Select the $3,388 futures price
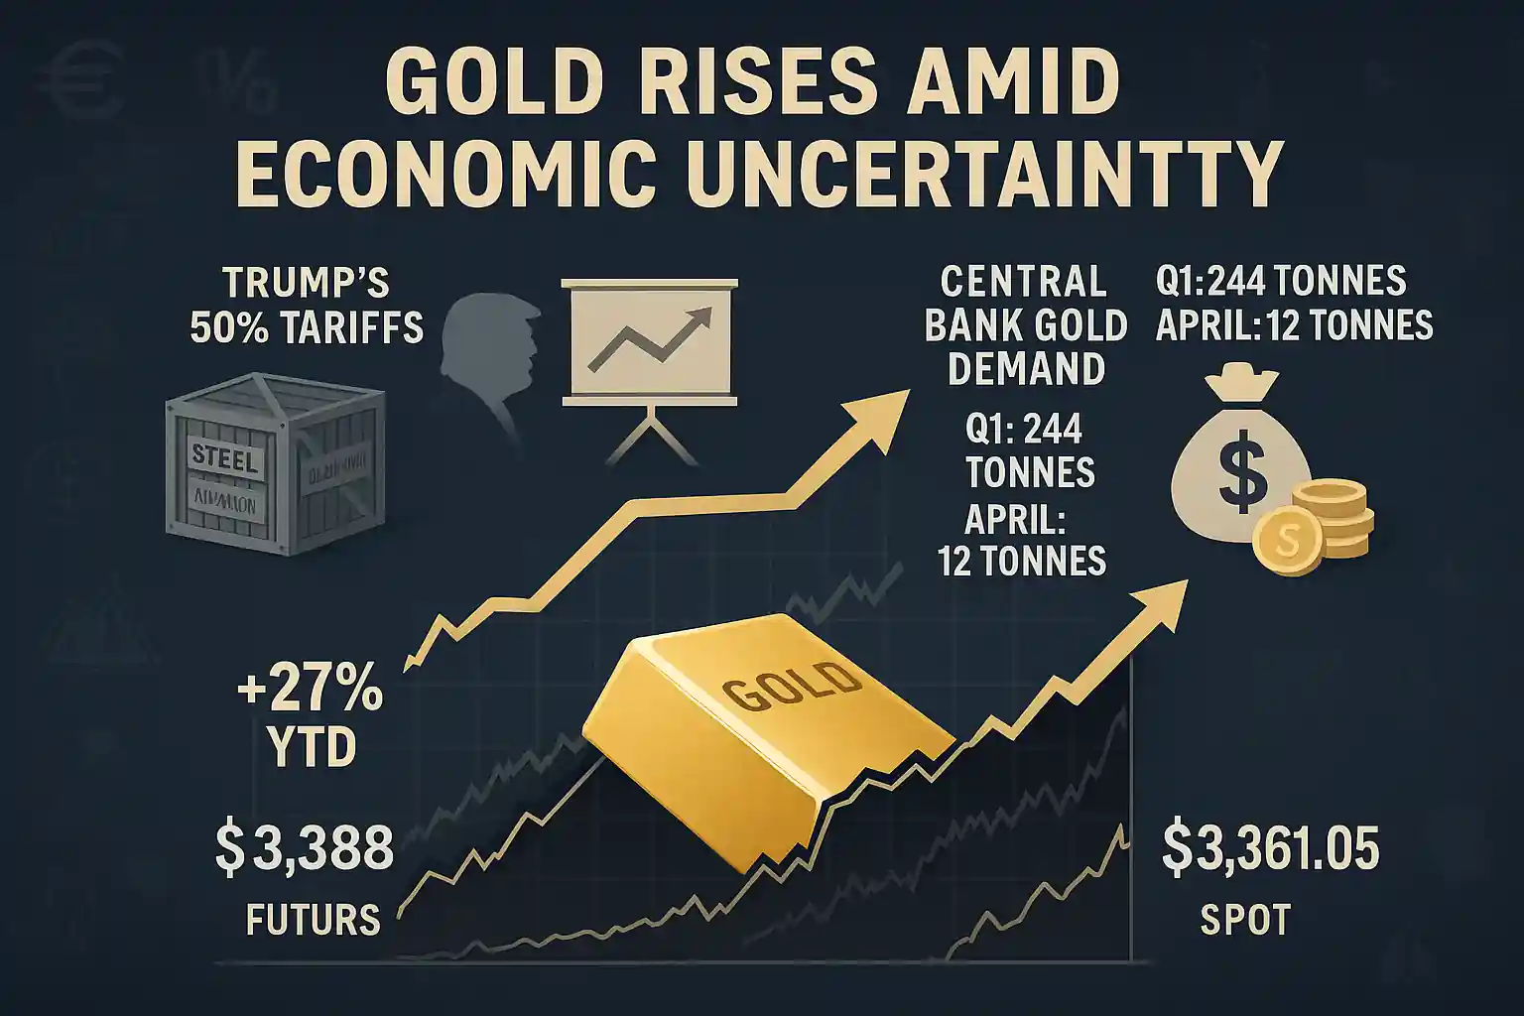305,850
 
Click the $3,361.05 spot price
1270,850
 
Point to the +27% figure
311,691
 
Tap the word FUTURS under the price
313,921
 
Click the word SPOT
1245,921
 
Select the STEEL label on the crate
225,459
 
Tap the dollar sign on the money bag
1242,474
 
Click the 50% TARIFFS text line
307,326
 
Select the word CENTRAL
1023,283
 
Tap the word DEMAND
1026,370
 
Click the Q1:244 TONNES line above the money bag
1281,282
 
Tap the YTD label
312,748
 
